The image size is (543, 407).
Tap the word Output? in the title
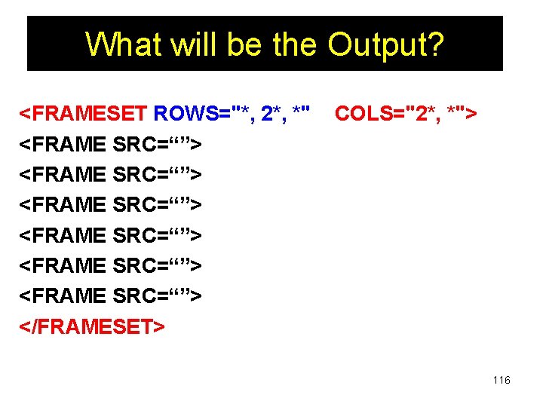point(386,44)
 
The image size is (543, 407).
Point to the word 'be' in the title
point(238,44)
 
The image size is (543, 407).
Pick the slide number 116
point(502,380)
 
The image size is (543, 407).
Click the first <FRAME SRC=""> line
point(110,144)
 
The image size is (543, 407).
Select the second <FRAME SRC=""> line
point(110,174)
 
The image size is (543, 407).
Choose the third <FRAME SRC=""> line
point(110,204)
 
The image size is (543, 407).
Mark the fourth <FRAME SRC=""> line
point(110,235)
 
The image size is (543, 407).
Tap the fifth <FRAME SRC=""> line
point(110,265)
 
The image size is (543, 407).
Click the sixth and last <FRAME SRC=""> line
point(110,295)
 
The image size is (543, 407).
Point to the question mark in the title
point(437,44)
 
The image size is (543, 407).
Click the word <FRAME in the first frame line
point(62,144)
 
